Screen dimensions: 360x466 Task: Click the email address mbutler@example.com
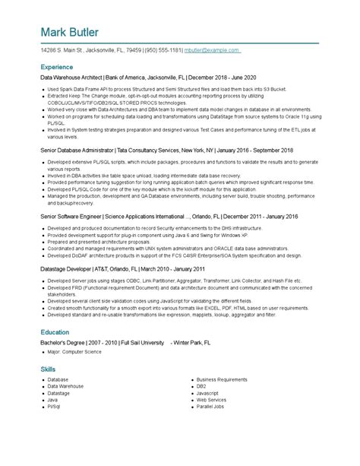click(x=212, y=51)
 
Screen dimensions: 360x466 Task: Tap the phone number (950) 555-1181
click(x=164, y=51)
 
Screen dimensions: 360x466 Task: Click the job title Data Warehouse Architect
click(x=71, y=78)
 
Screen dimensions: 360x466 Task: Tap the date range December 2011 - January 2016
click(x=257, y=216)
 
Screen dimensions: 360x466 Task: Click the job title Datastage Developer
click(x=67, y=268)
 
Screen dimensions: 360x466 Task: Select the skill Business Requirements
click(x=222, y=379)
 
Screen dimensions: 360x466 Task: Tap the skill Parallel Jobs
click(x=210, y=407)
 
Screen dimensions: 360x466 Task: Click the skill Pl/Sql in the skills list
click(x=54, y=407)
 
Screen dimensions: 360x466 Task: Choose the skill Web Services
click(x=212, y=400)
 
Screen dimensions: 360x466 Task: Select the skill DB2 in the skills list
click(x=202, y=386)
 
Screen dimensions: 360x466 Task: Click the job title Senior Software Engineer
click(x=71, y=216)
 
